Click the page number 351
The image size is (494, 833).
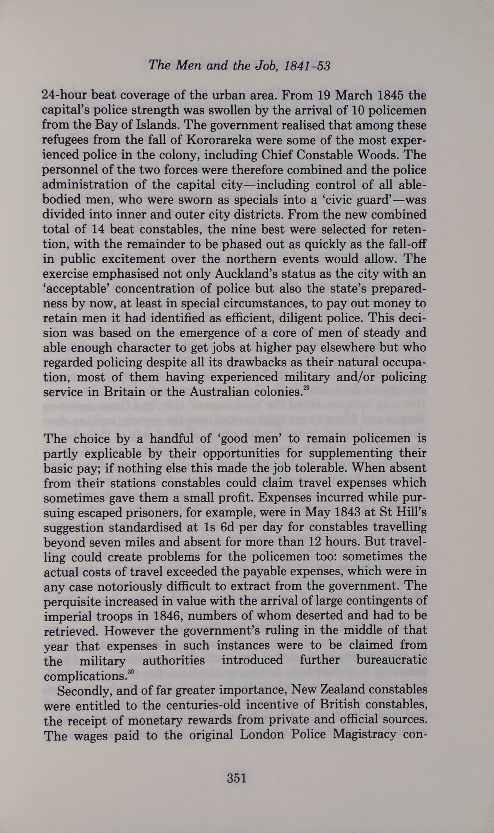(x=236, y=778)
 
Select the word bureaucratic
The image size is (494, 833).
(x=391, y=660)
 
